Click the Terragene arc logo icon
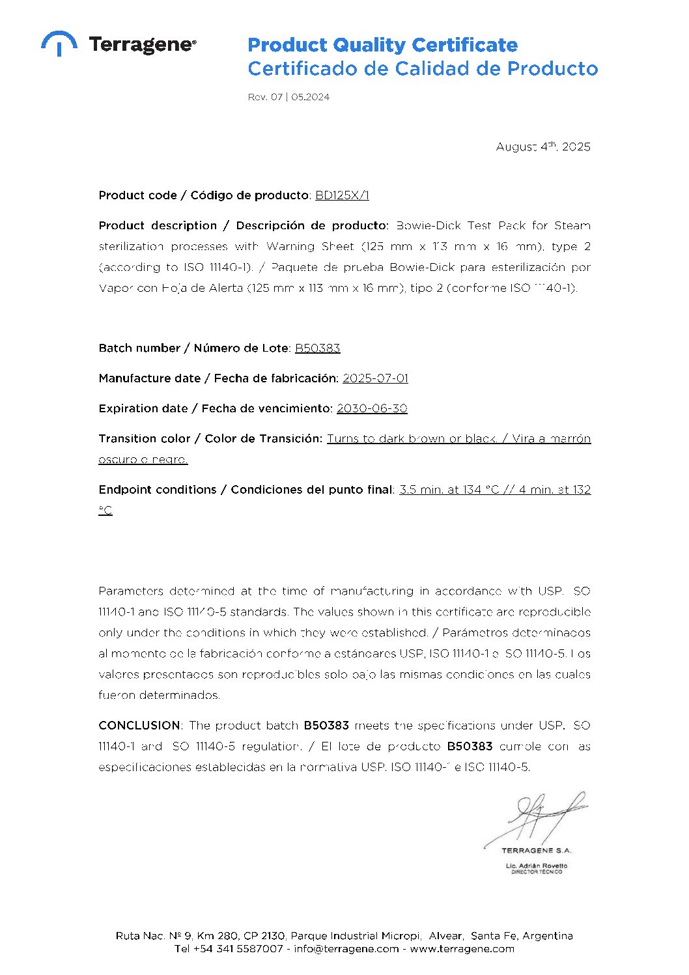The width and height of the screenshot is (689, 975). [59, 43]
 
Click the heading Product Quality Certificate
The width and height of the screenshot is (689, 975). [382, 45]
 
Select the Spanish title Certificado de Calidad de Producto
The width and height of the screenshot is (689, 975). [423, 68]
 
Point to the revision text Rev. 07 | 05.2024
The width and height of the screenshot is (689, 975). [288, 97]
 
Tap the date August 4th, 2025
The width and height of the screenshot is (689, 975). [543, 147]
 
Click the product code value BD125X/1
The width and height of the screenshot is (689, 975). [342, 195]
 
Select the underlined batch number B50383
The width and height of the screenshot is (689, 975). [317, 348]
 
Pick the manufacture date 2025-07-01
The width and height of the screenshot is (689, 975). [375, 378]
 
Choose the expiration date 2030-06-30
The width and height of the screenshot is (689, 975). [371, 408]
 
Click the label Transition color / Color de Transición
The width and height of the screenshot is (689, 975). [210, 438]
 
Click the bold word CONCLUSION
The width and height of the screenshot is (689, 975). [139, 726]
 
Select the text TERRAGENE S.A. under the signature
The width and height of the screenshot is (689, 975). [536, 851]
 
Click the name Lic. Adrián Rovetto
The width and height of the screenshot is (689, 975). [536, 866]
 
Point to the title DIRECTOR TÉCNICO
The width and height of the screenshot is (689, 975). [536, 872]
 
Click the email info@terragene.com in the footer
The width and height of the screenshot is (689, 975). [346, 949]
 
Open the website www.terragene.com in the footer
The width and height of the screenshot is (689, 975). [462, 949]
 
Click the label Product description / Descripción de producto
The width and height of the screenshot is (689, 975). [244, 226]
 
